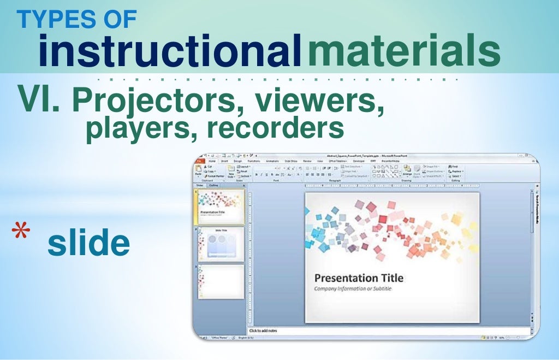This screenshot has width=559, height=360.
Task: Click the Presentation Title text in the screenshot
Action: click(x=359, y=278)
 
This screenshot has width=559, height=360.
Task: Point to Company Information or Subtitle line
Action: click(x=352, y=288)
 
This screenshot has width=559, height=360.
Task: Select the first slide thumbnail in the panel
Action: click(x=221, y=206)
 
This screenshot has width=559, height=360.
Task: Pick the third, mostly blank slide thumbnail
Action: click(x=221, y=281)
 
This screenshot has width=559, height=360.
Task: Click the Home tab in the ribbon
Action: click(x=211, y=161)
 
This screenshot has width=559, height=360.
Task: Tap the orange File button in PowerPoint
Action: click(x=199, y=161)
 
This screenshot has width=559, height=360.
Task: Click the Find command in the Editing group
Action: click(x=454, y=167)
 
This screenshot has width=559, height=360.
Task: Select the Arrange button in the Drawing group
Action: click(x=407, y=174)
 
